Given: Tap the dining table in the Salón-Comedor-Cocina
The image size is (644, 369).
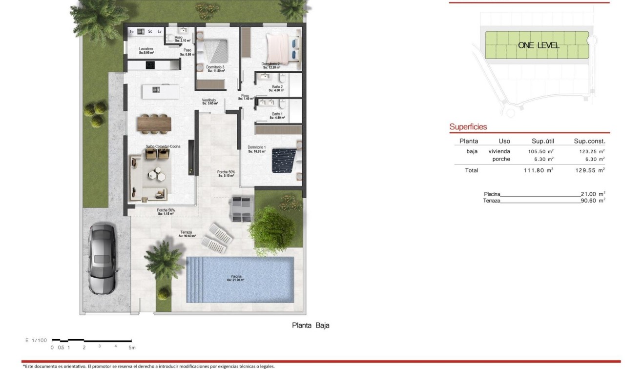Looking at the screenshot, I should coord(154,123).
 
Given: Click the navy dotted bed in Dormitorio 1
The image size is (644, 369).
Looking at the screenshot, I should coord(284,160).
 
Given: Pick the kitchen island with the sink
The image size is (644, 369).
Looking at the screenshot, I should coord(160,91).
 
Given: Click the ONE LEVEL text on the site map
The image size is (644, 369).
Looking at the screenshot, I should coord(539,45).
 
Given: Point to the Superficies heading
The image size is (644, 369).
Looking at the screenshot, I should coord(468,127).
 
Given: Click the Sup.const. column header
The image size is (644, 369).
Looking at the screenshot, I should coord(589,141).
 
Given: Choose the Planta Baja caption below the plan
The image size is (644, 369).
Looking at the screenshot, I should coord(311,325).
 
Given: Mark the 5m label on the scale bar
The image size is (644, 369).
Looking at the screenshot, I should coord(132,348).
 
